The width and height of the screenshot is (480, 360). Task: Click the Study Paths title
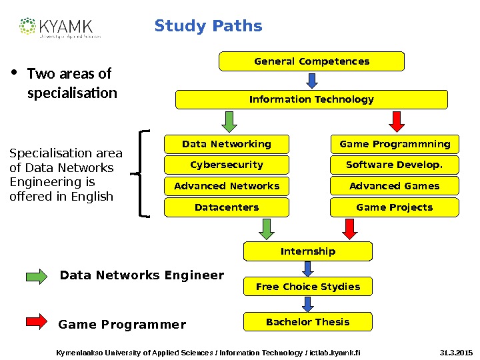point(208,27)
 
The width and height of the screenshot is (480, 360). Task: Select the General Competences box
point(311,61)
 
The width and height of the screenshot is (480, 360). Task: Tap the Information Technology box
point(311,99)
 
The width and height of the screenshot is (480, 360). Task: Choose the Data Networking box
point(227,144)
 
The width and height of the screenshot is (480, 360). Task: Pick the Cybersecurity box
point(227,165)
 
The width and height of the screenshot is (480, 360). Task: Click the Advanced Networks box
point(227,186)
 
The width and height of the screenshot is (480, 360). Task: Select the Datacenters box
point(227,207)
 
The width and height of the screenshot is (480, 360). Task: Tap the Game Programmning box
point(395,144)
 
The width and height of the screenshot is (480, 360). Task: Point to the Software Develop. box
point(395,165)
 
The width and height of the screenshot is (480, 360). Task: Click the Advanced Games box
point(395,186)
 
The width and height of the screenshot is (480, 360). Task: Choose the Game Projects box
point(395,207)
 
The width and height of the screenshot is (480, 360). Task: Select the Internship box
point(307,251)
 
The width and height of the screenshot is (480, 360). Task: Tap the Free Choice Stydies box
point(307,287)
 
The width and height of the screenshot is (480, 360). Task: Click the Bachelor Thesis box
point(307,322)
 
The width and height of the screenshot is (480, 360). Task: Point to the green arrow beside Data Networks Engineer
point(37,276)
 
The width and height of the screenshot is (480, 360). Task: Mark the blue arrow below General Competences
point(311,81)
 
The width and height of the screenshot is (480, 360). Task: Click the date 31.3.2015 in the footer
point(456,351)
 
